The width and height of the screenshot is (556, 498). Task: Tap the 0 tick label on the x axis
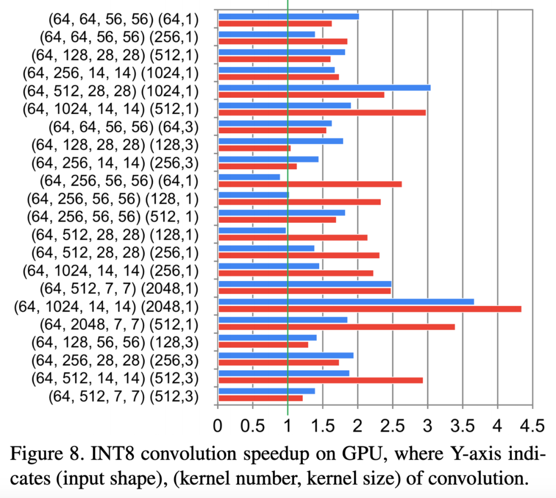(218, 425)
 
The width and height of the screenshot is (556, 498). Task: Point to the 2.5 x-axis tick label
(392, 425)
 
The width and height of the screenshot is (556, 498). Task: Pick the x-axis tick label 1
(288, 425)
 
